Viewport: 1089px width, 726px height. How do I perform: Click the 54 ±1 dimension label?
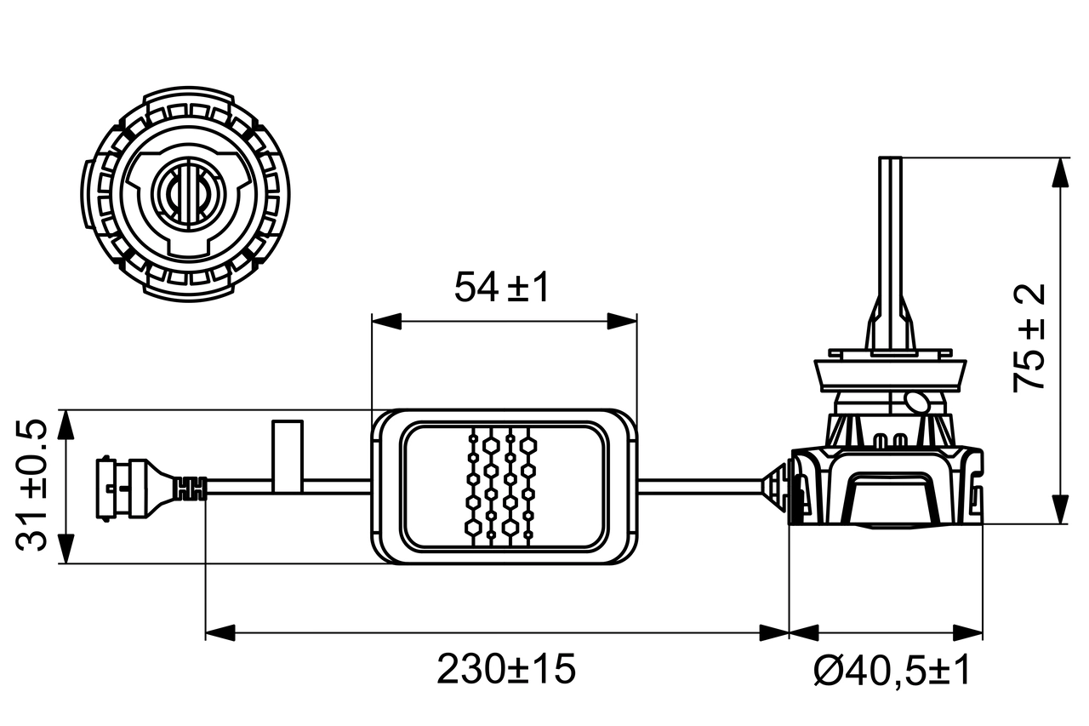point(502,288)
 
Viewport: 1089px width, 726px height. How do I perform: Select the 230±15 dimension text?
point(506,670)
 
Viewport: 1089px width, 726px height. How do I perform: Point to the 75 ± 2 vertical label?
point(1029,338)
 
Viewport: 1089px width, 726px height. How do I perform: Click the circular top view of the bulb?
point(186,196)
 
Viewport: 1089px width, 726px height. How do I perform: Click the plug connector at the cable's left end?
point(128,486)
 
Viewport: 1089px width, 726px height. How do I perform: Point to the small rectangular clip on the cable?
point(287,455)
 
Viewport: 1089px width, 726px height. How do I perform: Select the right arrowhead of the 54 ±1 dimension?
point(622,321)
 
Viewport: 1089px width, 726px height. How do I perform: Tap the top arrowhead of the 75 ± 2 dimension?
point(1060,172)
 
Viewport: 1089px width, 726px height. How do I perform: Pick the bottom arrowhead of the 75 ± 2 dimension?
point(1060,510)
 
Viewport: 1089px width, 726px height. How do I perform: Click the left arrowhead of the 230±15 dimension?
point(220,632)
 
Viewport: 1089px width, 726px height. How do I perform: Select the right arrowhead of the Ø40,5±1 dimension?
point(968,632)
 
